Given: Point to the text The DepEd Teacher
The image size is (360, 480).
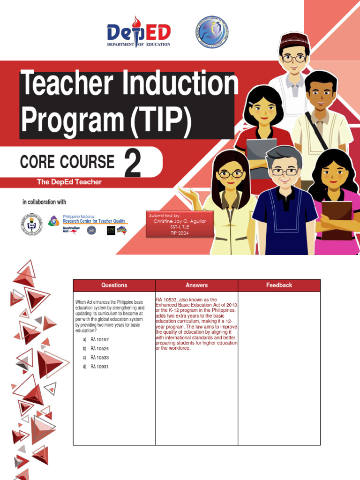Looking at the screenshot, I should (69, 182).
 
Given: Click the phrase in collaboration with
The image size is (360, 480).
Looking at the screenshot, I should (44, 202).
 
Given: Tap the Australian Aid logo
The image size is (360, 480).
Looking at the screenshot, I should (71, 230).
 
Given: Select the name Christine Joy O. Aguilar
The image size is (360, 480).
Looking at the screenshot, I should (180, 221).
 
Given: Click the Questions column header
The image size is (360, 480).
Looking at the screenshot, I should (114, 285).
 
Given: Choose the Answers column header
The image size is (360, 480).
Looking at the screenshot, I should (196, 285).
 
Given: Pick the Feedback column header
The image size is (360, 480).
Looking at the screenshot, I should (279, 285).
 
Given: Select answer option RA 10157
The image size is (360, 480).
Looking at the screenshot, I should (99, 339).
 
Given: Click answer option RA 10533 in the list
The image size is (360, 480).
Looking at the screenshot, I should (99, 358).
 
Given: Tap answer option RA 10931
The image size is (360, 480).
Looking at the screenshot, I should (99, 367).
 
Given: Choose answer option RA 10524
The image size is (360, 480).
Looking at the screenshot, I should (99, 349).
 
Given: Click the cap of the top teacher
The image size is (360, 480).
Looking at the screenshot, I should (294, 40).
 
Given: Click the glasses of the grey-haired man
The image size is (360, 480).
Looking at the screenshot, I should (284, 172).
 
